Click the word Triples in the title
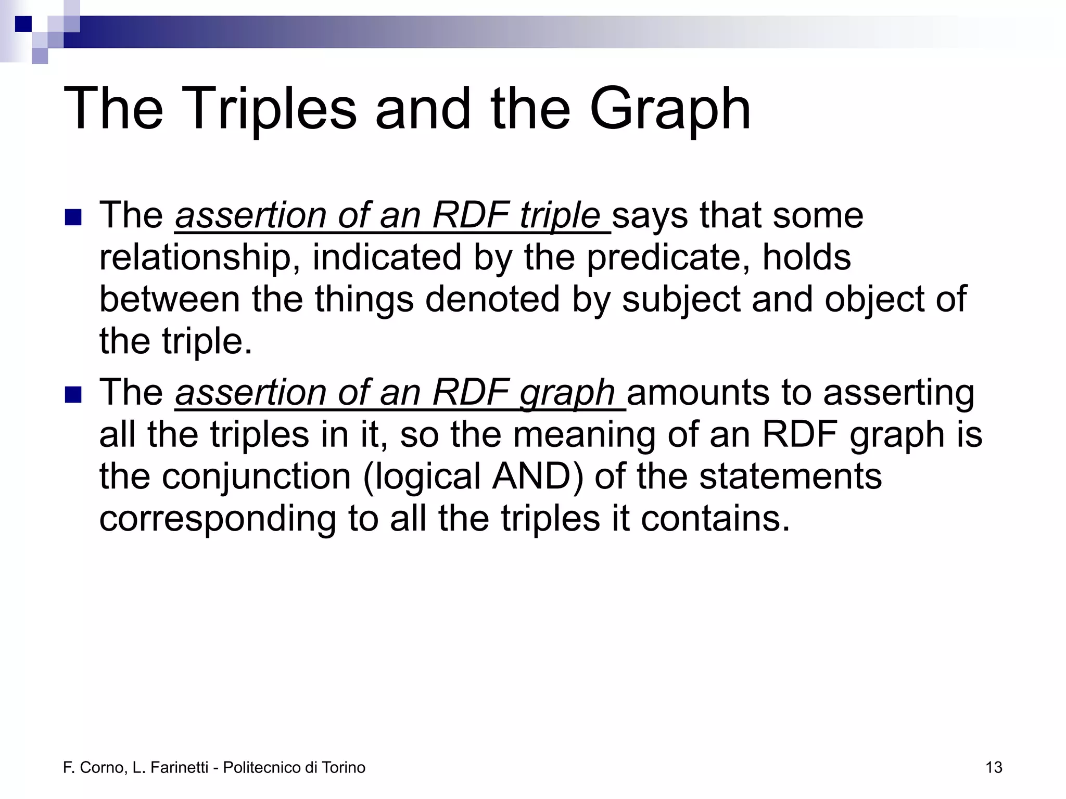coord(268,109)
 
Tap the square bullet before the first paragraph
coord(73,217)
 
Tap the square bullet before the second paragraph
coord(73,394)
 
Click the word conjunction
coord(256,478)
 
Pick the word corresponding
coord(218,519)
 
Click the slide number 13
coord(994,768)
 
